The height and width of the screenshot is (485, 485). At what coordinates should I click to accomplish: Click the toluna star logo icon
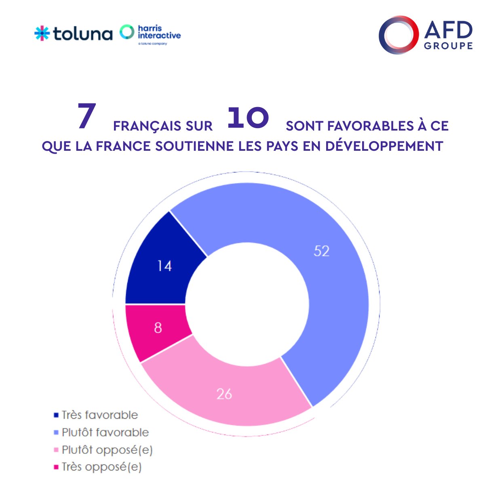(42, 33)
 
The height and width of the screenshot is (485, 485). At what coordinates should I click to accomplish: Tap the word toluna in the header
(82, 34)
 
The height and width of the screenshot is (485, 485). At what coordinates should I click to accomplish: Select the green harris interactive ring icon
(127, 32)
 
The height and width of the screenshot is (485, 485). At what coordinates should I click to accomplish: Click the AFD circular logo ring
(399, 35)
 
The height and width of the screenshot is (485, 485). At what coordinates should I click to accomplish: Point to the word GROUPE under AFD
(448, 46)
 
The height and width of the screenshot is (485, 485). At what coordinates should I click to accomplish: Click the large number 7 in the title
(86, 117)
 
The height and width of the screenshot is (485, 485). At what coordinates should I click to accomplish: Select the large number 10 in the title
(248, 118)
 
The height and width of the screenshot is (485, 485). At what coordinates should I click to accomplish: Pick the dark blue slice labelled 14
(164, 266)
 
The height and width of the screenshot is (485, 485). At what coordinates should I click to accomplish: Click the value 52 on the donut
(322, 251)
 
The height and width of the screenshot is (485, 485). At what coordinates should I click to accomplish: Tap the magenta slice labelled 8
(158, 327)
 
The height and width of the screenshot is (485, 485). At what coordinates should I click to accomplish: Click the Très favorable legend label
(99, 415)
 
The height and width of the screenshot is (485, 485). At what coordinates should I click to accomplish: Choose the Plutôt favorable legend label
(105, 432)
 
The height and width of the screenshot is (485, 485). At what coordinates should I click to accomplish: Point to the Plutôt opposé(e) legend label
(107, 450)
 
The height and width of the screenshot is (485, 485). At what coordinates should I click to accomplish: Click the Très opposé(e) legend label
(101, 467)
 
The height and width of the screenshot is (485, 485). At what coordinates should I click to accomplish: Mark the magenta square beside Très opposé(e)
(56, 467)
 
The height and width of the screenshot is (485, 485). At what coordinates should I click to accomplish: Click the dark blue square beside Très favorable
(56, 415)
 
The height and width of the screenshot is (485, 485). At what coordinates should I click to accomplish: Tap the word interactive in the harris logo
(159, 36)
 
